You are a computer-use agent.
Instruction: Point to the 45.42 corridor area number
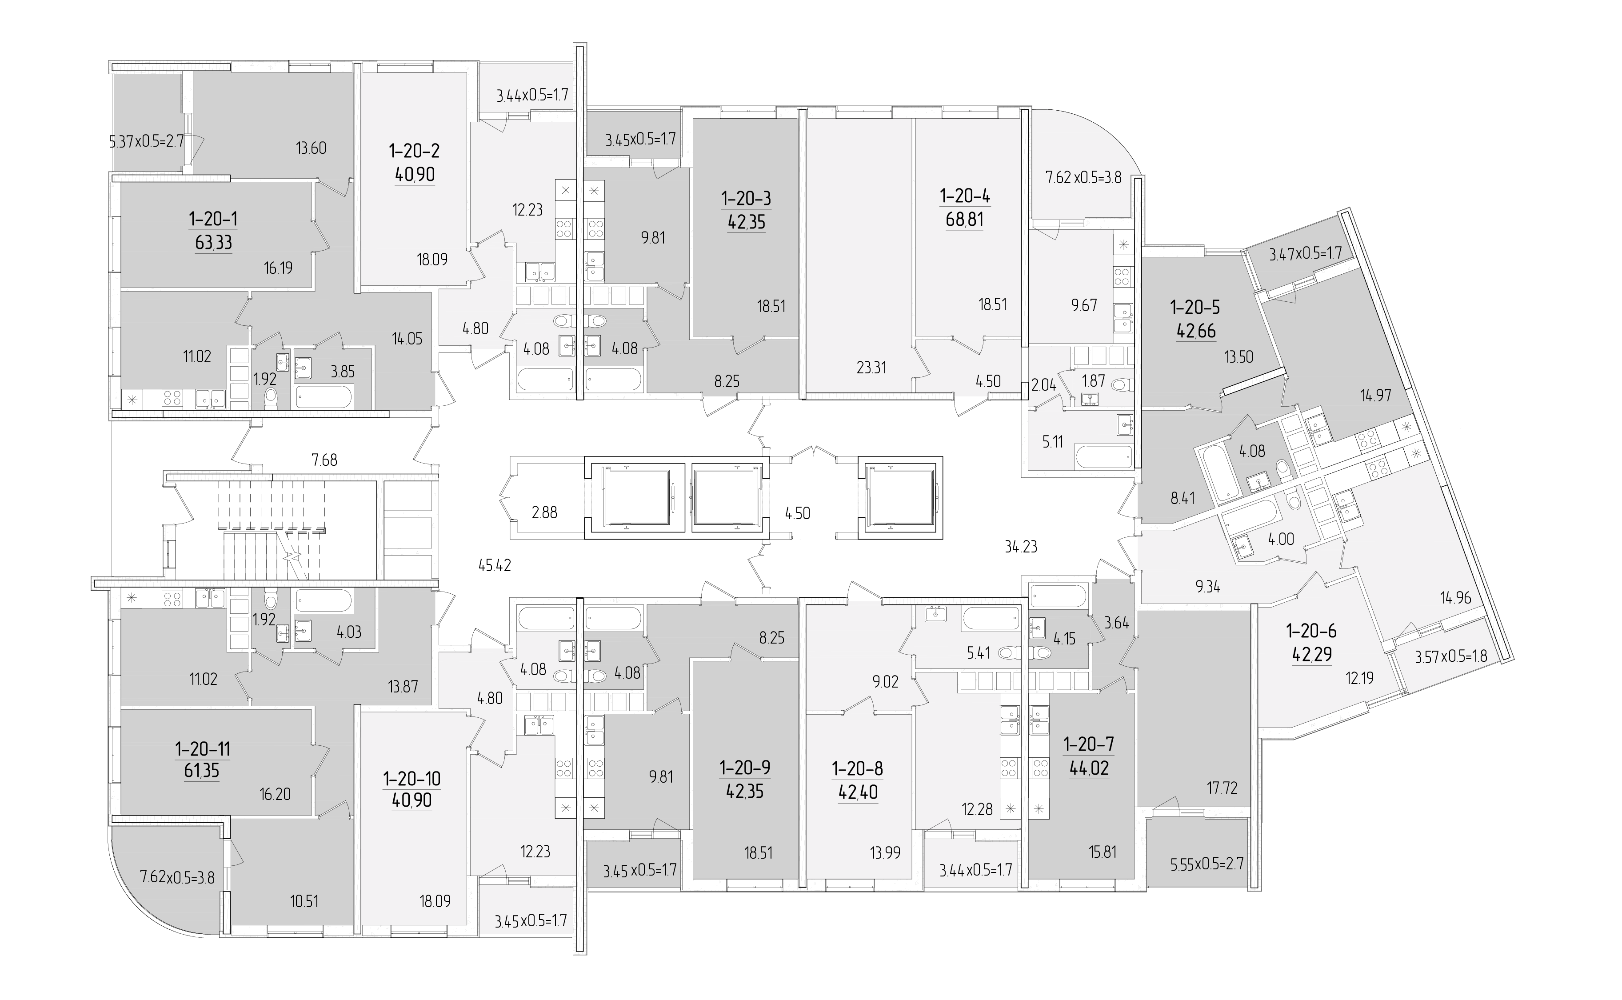click(x=495, y=565)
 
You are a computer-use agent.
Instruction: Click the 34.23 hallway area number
click(x=1021, y=546)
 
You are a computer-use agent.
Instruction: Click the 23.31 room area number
click(x=871, y=367)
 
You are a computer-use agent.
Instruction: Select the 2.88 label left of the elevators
click(x=545, y=512)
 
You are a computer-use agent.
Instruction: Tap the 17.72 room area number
click(x=1222, y=788)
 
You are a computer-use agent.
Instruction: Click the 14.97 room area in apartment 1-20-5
click(x=1375, y=396)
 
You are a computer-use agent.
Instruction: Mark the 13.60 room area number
click(x=311, y=148)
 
